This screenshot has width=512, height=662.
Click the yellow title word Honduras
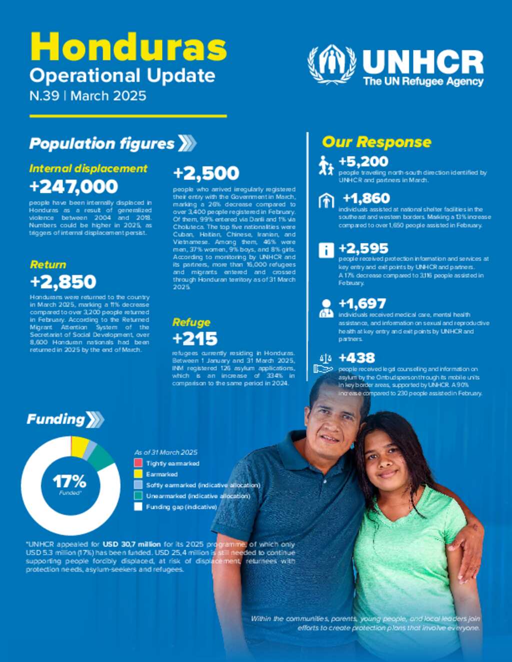(x=128, y=47)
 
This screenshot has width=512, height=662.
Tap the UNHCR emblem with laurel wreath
(x=332, y=64)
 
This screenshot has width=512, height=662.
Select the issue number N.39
(x=44, y=96)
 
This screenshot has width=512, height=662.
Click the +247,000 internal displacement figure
(x=73, y=186)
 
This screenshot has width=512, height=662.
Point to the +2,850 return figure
(x=63, y=282)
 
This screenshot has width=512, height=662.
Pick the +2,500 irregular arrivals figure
(x=206, y=173)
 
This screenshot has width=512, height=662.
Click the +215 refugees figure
(x=195, y=339)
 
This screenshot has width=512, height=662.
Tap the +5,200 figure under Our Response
(x=363, y=161)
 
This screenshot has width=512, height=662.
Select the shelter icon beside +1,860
(x=326, y=201)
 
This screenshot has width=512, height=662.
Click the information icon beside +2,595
(x=326, y=250)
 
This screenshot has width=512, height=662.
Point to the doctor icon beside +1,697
(x=326, y=308)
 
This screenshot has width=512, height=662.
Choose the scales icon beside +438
(x=323, y=363)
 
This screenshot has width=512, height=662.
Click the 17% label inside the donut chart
(x=69, y=482)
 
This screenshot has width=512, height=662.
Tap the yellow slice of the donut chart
(x=80, y=446)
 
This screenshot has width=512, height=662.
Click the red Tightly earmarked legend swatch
(x=138, y=463)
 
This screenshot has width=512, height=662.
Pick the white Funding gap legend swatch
(x=138, y=507)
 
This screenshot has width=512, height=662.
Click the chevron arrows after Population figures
(x=187, y=143)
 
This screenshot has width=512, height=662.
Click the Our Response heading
(x=376, y=142)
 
